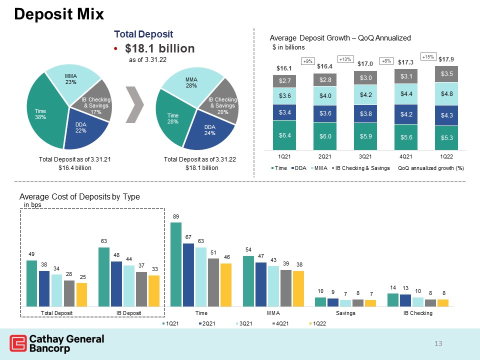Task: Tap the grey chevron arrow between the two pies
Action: (x=134, y=104)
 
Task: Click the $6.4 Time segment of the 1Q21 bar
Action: (x=284, y=135)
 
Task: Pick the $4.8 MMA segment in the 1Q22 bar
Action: (x=446, y=94)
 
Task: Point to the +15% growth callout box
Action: (x=428, y=56)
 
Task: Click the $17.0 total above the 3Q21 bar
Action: (x=365, y=63)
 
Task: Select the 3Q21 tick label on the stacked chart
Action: (x=365, y=156)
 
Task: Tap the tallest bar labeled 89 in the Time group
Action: (x=176, y=264)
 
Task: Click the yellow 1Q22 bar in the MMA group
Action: (x=298, y=288)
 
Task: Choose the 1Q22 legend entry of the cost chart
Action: (x=317, y=323)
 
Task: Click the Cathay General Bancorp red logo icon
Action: (x=18, y=343)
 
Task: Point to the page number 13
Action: (x=438, y=343)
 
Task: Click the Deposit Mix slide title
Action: (x=59, y=14)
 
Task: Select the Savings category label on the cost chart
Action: (x=345, y=313)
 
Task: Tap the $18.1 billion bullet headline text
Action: (x=160, y=48)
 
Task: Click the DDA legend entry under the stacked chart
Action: (x=299, y=168)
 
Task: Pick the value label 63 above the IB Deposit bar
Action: (x=104, y=241)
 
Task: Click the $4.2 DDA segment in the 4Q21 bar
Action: (x=406, y=114)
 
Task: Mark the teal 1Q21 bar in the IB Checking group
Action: (x=393, y=300)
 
